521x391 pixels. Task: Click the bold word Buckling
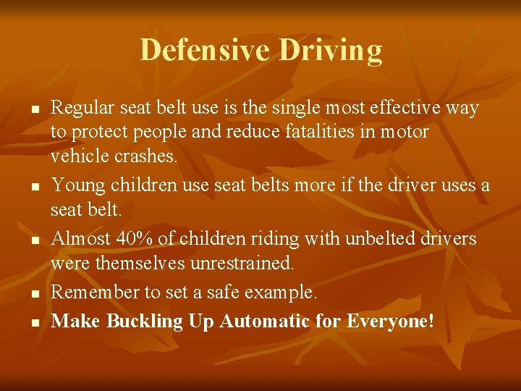click(x=145, y=321)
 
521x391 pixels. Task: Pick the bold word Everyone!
click(x=391, y=321)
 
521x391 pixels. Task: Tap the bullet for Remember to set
click(x=34, y=294)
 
